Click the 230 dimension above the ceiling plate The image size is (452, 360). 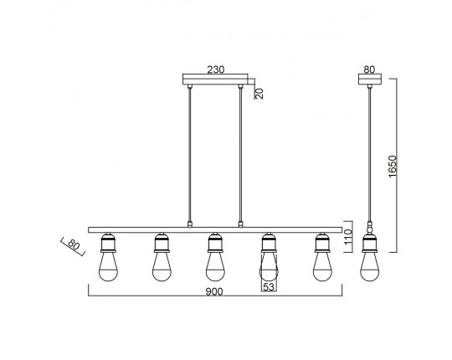[216, 69]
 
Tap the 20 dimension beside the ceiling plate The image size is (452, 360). [259, 94]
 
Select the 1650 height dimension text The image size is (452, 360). [393, 167]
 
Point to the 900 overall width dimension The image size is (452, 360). [214, 291]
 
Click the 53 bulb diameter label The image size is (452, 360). [269, 287]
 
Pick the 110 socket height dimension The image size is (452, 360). [348, 237]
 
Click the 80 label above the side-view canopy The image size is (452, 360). [369, 69]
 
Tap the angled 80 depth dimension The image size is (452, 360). [73, 245]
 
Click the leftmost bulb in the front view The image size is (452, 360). [108, 266]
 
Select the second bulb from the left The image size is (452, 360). [162, 266]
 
